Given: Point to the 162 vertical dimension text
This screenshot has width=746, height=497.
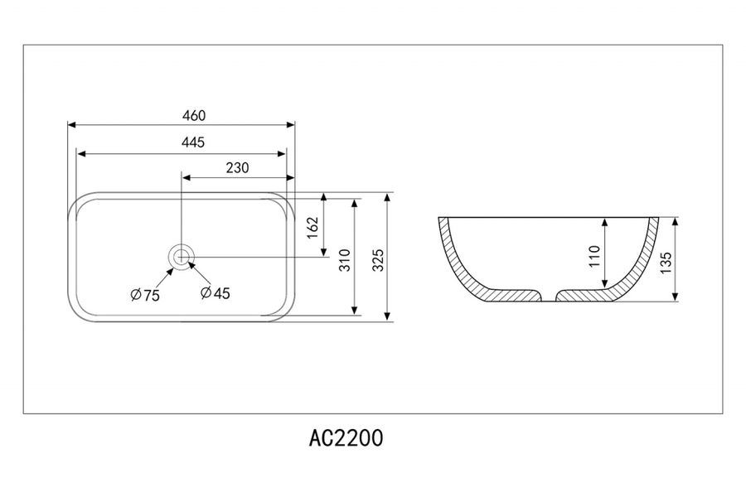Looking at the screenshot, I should [312, 228].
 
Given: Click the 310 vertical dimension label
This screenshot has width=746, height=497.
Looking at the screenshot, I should [344, 260].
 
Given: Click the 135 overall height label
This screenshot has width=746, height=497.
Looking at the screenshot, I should [666, 260].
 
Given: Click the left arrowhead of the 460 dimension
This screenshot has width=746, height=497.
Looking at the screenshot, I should [71, 125].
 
